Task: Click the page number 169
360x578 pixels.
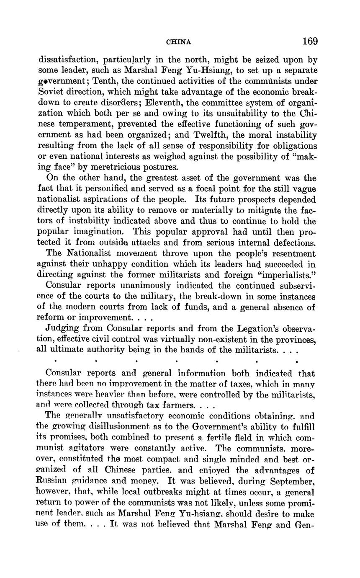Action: [x=310, y=41]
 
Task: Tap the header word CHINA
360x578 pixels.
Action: [x=179, y=42]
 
